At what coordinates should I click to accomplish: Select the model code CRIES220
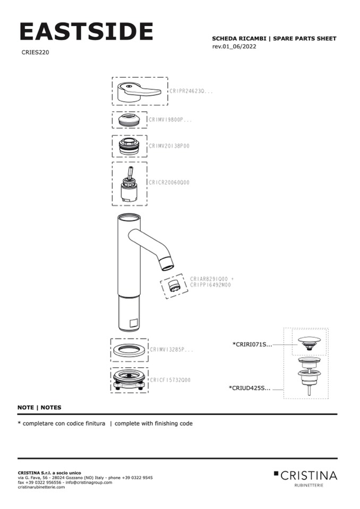coord(36,53)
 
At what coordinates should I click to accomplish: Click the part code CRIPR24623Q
coord(191,91)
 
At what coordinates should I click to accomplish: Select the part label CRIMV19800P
coord(170,120)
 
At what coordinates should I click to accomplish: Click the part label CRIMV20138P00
coord(169,145)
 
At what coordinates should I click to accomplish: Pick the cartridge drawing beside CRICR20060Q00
coord(130,185)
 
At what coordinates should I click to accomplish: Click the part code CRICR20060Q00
coord(169,183)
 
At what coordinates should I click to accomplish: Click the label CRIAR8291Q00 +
coord(211,279)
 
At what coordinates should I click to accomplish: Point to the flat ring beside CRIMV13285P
coord(129,350)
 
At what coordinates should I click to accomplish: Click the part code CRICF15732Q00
coord(170,380)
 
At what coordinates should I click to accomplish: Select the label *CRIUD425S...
coord(250,388)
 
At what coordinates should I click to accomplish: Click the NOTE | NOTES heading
coord(39,408)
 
